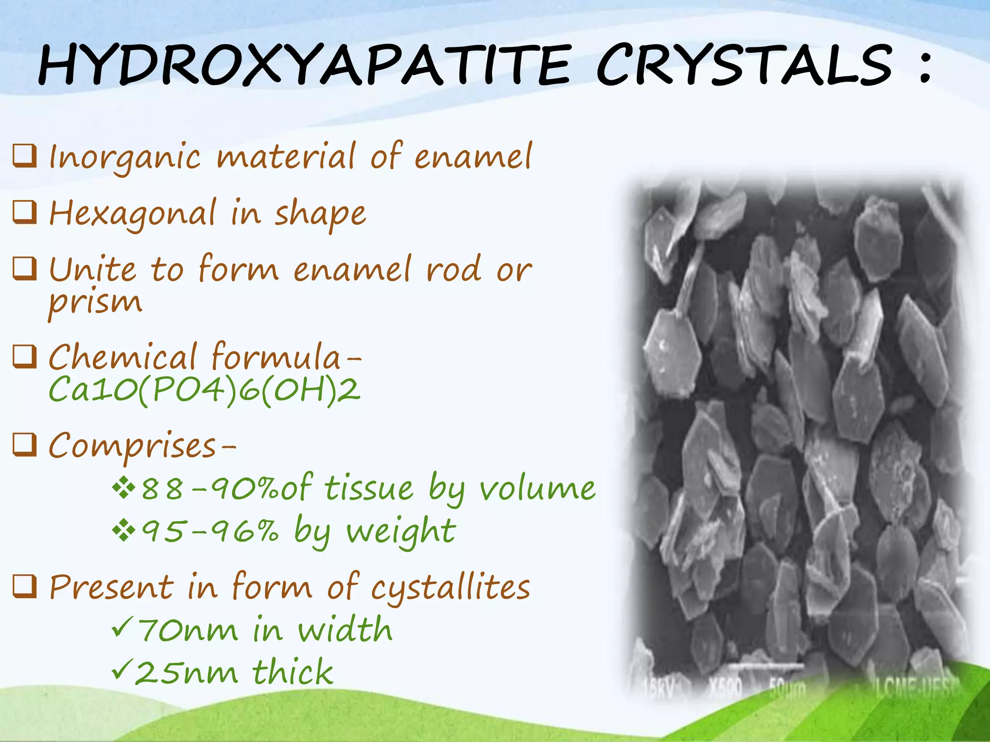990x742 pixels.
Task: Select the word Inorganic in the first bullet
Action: pos(125,157)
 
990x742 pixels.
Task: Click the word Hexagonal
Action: pos(132,214)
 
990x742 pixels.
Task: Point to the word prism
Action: pos(95,303)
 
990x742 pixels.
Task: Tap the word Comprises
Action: pos(132,446)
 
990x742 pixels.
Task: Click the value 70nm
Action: pos(189,631)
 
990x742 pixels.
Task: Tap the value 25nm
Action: pos(186,673)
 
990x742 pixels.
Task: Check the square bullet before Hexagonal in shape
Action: pos(25,213)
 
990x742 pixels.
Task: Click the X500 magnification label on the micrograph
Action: pos(725,686)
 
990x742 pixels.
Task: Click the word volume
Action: pos(537,489)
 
